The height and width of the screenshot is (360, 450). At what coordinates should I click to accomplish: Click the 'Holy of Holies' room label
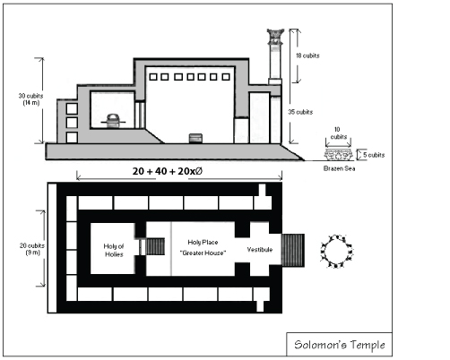click(x=114, y=250)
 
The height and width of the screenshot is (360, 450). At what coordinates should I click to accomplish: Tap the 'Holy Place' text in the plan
click(x=203, y=242)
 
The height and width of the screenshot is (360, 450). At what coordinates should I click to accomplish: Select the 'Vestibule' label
click(x=260, y=250)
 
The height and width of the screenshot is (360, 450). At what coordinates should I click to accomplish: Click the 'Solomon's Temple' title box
click(x=339, y=345)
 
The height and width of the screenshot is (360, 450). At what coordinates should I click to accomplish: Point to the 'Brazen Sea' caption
click(x=340, y=168)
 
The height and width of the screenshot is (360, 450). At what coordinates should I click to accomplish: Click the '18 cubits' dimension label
click(x=307, y=56)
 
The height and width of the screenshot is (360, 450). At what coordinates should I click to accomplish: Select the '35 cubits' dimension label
click(x=300, y=112)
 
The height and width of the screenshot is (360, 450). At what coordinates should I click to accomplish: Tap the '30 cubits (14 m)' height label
click(x=30, y=99)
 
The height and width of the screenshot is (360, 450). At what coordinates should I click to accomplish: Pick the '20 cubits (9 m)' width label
click(x=32, y=249)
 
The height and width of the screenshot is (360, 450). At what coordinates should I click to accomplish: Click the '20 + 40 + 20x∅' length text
click(x=168, y=171)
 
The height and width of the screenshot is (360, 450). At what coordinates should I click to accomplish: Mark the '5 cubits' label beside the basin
click(x=374, y=155)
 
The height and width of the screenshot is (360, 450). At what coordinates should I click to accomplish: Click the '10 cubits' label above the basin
click(x=338, y=133)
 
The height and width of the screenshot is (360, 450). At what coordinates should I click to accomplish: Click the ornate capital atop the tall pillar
click(x=275, y=37)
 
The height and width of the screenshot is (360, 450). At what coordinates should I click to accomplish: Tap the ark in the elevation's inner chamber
click(x=113, y=121)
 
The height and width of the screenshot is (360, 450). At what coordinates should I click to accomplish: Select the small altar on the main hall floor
click(x=195, y=138)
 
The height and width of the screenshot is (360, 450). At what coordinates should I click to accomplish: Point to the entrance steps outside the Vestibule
click(x=293, y=251)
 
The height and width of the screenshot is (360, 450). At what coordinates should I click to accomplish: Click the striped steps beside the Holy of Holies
click(x=155, y=246)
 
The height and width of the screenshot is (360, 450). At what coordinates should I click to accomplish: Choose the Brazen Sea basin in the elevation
click(x=338, y=155)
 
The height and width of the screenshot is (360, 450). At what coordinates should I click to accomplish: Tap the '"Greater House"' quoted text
click(x=203, y=253)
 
